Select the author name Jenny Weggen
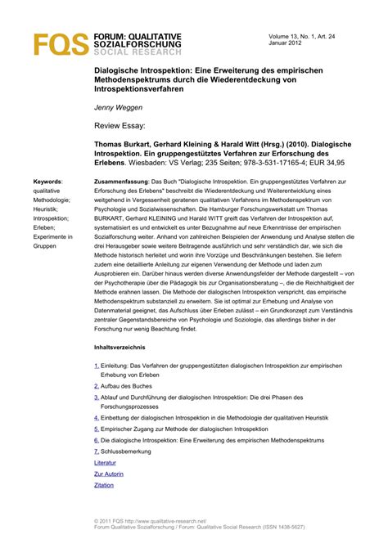(x=117, y=107)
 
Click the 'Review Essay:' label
(x=122, y=128)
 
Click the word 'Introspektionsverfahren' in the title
(x=142, y=89)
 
